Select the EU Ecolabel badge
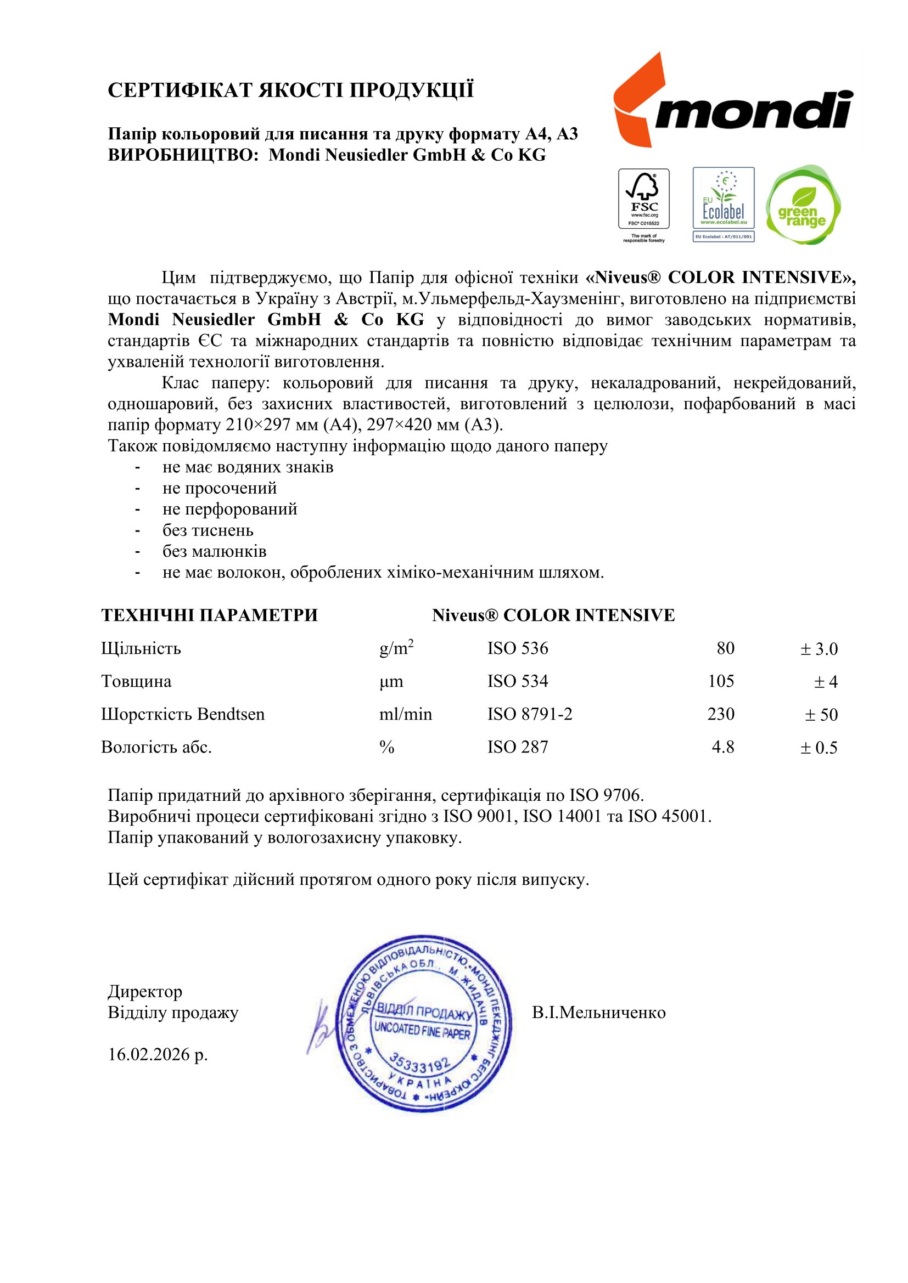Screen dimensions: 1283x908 coord(724,204)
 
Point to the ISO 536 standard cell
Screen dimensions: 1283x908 coord(518,648)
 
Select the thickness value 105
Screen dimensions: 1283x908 coord(721,681)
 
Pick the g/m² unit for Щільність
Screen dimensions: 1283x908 coord(396,648)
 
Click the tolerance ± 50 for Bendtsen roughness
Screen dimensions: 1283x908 coord(821,715)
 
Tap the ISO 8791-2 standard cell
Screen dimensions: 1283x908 coord(529,714)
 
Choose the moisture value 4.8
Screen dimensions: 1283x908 coord(722,747)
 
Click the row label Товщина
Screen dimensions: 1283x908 coord(137,681)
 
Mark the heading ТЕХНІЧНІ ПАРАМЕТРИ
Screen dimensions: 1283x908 coord(210,615)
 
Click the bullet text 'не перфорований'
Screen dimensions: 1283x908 coord(230,509)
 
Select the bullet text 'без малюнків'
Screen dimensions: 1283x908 coord(214,551)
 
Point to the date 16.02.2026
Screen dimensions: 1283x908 coord(158,1055)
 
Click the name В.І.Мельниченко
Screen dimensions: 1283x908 coord(599,1013)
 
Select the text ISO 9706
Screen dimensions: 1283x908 coord(606,795)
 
